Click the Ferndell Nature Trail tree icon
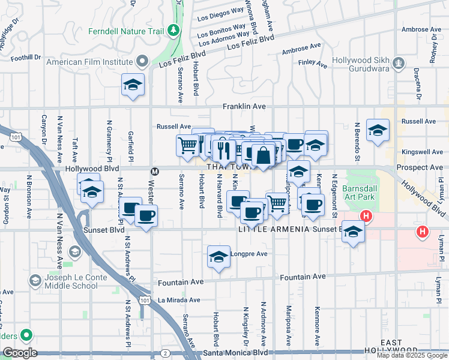[x=173, y=29]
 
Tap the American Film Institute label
[x=90, y=61]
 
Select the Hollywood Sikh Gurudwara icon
[x=398, y=62]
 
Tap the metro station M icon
[x=154, y=171]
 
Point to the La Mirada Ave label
[x=178, y=299]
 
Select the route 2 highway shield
[x=164, y=353]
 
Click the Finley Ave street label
[x=313, y=63]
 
